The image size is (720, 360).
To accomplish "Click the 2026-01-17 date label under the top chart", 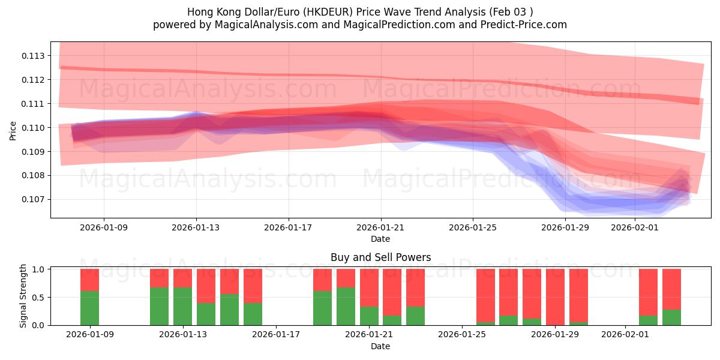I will click(288, 227).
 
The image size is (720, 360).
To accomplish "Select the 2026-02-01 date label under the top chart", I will click(634, 227).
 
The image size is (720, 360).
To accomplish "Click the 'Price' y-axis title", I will click(13, 130).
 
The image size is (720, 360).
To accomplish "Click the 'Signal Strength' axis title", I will click(23, 296).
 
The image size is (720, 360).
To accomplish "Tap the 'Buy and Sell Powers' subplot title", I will click(380, 257).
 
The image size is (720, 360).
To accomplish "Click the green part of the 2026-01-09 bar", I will click(89, 308).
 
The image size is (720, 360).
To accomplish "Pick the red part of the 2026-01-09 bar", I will click(89, 280).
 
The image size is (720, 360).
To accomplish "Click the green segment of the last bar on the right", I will click(671, 317).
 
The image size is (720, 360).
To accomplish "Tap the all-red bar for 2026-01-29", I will click(555, 297).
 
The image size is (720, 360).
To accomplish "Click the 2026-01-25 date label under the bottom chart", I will click(462, 335).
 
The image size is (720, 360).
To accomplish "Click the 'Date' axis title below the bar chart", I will click(380, 346).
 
